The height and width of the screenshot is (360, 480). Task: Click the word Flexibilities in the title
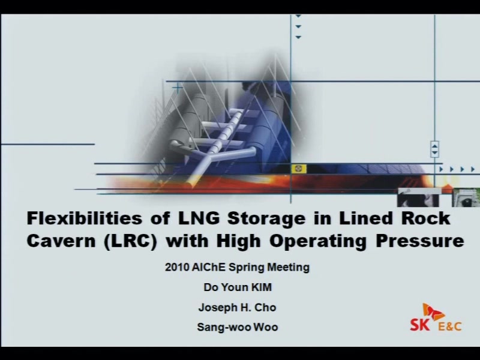tap(85, 218)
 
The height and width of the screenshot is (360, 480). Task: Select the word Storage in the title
tap(266, 219)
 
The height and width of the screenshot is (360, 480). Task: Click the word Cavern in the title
tap(61, 241)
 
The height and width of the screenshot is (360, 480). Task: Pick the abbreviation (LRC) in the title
tap(131, 241)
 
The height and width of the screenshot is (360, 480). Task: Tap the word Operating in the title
tap(318, 242)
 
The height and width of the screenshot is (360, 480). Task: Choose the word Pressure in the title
tap(420, 241)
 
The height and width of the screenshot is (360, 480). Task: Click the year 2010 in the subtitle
tap(177, 267)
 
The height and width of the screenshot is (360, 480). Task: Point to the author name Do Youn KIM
tap(238, 287)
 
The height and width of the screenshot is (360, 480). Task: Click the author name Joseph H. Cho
tap(237, 307)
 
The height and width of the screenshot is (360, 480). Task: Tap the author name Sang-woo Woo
tap(238, 327)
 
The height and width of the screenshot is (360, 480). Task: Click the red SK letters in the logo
tap(420, 325)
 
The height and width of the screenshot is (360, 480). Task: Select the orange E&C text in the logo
tap(449, 326)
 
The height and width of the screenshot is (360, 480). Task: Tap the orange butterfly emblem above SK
tap(433, 312)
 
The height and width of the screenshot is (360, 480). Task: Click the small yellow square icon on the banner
tap(298, 169)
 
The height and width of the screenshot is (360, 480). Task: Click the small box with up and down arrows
tap(434, 149)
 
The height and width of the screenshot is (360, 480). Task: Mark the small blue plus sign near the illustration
tap(177, 89)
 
